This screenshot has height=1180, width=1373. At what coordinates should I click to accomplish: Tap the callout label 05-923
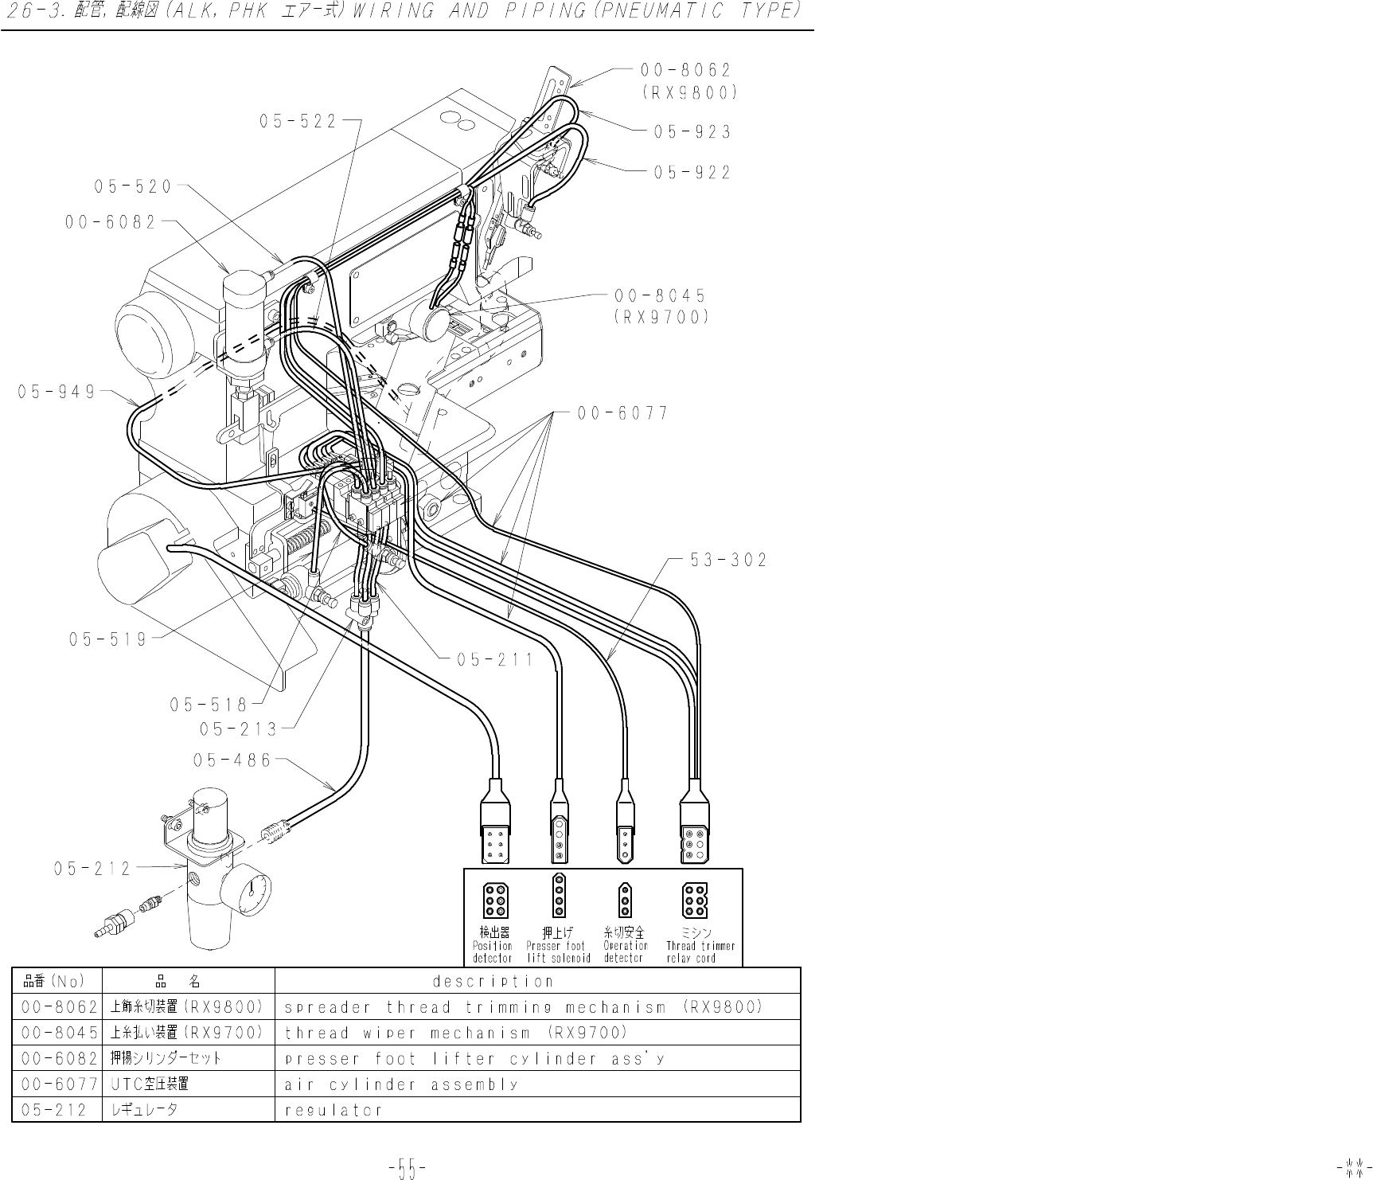(692, 132)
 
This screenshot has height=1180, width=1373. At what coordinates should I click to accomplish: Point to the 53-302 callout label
(728, 561)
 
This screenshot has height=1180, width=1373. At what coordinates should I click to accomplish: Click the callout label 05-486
(232, 760)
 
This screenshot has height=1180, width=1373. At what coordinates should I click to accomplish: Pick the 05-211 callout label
(494, 660)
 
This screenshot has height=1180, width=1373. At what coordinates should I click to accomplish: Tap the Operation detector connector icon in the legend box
(626, 900)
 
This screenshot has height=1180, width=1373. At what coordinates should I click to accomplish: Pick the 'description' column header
(493, 981)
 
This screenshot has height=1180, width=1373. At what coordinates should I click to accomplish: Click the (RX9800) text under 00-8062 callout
(690, 92)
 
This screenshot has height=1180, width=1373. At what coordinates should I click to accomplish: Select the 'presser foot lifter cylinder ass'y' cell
(474, 1059)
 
